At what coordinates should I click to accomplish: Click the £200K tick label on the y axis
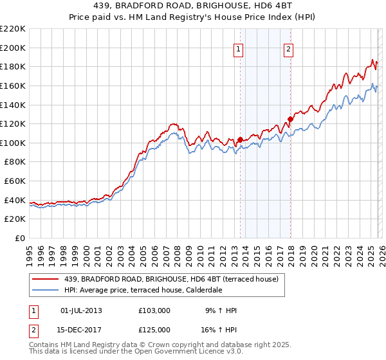click(x=13, y=48)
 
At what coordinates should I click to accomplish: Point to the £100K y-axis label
click(x=13, y=143)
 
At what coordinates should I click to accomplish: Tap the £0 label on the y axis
click(x=19, y=238)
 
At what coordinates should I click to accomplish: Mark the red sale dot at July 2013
click(x=240, y=139)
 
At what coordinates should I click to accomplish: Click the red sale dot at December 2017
click(x=290, y=119)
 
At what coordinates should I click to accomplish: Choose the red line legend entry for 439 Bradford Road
click(x=171, y=279)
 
